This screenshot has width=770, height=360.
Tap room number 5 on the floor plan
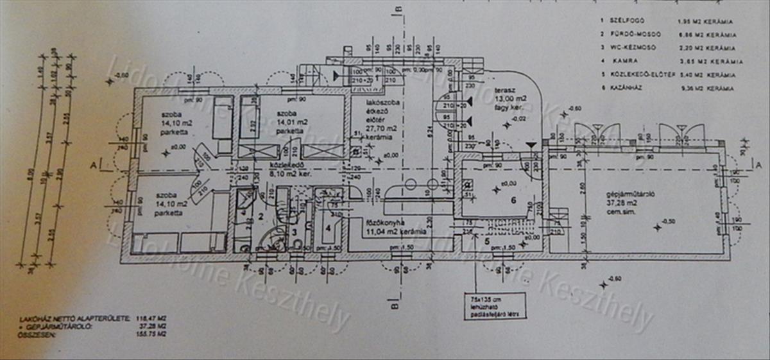[x=486, y=241]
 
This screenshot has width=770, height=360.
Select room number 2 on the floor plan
[x=261, y=216]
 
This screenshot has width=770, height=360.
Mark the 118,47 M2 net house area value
[x=154, y=318]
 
